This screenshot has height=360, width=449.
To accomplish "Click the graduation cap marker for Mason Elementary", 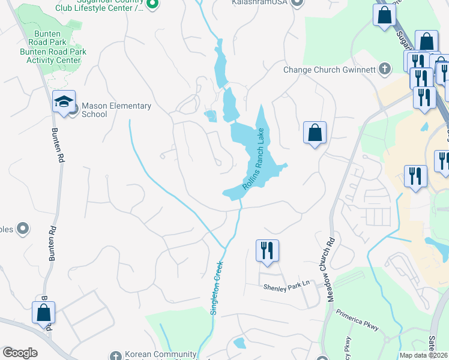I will point(63,101).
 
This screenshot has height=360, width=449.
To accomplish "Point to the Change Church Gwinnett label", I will point(330,70).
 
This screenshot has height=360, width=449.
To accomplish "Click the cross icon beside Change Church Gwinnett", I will point(385,69).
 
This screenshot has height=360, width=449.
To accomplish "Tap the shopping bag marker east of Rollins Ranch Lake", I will point(315,133).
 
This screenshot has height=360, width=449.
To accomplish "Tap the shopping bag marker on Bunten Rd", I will point(43,313).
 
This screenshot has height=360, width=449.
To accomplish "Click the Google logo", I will point(20,353).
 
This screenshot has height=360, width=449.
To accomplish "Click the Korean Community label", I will point(160,355).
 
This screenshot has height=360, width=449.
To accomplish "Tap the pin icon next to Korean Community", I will point(116,355).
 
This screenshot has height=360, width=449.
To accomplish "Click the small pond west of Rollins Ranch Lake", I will point(209,115).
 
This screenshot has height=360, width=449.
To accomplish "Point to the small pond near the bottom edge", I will point(240,343).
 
